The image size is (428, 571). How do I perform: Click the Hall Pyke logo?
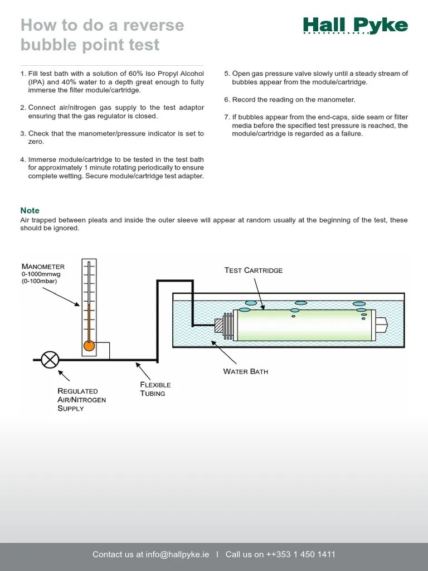[355, 26]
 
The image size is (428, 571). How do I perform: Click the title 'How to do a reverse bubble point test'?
[102, 35]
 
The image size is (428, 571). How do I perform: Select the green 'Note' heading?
[30, 210]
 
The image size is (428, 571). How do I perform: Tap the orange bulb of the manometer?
[89, 346]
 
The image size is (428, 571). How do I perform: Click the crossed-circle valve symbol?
[50, 360]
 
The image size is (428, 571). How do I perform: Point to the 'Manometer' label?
[43, 267]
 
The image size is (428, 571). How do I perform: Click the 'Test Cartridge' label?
[254, 270]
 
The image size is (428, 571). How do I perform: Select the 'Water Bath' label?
[245, 371]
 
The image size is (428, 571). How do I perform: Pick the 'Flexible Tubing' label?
[155, 389]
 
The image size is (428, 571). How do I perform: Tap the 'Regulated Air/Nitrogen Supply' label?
[81, 400]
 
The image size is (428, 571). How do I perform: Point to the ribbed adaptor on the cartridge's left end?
[227, 325]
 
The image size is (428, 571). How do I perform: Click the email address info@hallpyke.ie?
[177, 554]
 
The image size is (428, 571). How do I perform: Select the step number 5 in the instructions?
[227, 74]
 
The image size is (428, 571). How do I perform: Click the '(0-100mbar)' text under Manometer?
[40, 281]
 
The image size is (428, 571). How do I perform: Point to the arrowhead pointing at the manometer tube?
[79, 304]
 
